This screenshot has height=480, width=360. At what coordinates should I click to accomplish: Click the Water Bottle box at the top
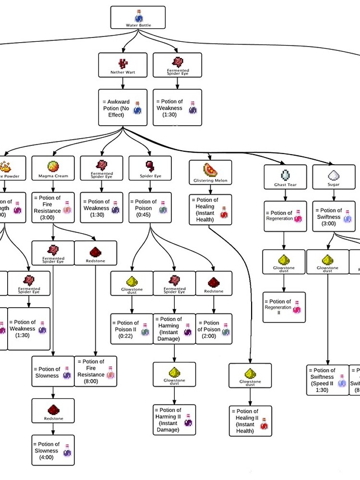(138, 17)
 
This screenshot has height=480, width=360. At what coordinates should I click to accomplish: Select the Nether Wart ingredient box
(123, 65)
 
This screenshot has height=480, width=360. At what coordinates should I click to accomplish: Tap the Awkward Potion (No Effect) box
(123, 108)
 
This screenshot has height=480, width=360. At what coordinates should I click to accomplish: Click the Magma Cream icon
(53, 166)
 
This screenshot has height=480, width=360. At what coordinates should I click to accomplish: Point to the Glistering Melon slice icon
(210, 170)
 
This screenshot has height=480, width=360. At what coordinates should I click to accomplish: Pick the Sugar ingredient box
(334, 177)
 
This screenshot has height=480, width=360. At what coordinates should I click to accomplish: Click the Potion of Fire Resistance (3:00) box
(53, 207)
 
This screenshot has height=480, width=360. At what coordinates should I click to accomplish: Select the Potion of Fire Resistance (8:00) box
(96, 371)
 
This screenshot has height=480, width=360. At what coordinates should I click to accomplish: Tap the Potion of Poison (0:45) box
(150, 208)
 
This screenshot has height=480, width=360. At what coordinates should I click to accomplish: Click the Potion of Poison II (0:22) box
(132, 329)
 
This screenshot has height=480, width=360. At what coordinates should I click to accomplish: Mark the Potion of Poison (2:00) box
(214, 329)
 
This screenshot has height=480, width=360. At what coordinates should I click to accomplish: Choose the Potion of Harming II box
(174, 420)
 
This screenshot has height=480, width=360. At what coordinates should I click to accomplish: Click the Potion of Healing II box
(250, 421)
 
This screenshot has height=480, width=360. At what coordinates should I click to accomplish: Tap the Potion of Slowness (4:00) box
(53, 450)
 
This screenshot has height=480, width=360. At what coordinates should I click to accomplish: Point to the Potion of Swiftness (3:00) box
(334, 216)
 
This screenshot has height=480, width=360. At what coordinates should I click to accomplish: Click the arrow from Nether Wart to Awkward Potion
(123, 83)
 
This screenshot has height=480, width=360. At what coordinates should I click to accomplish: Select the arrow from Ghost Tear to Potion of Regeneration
(285, 194)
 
